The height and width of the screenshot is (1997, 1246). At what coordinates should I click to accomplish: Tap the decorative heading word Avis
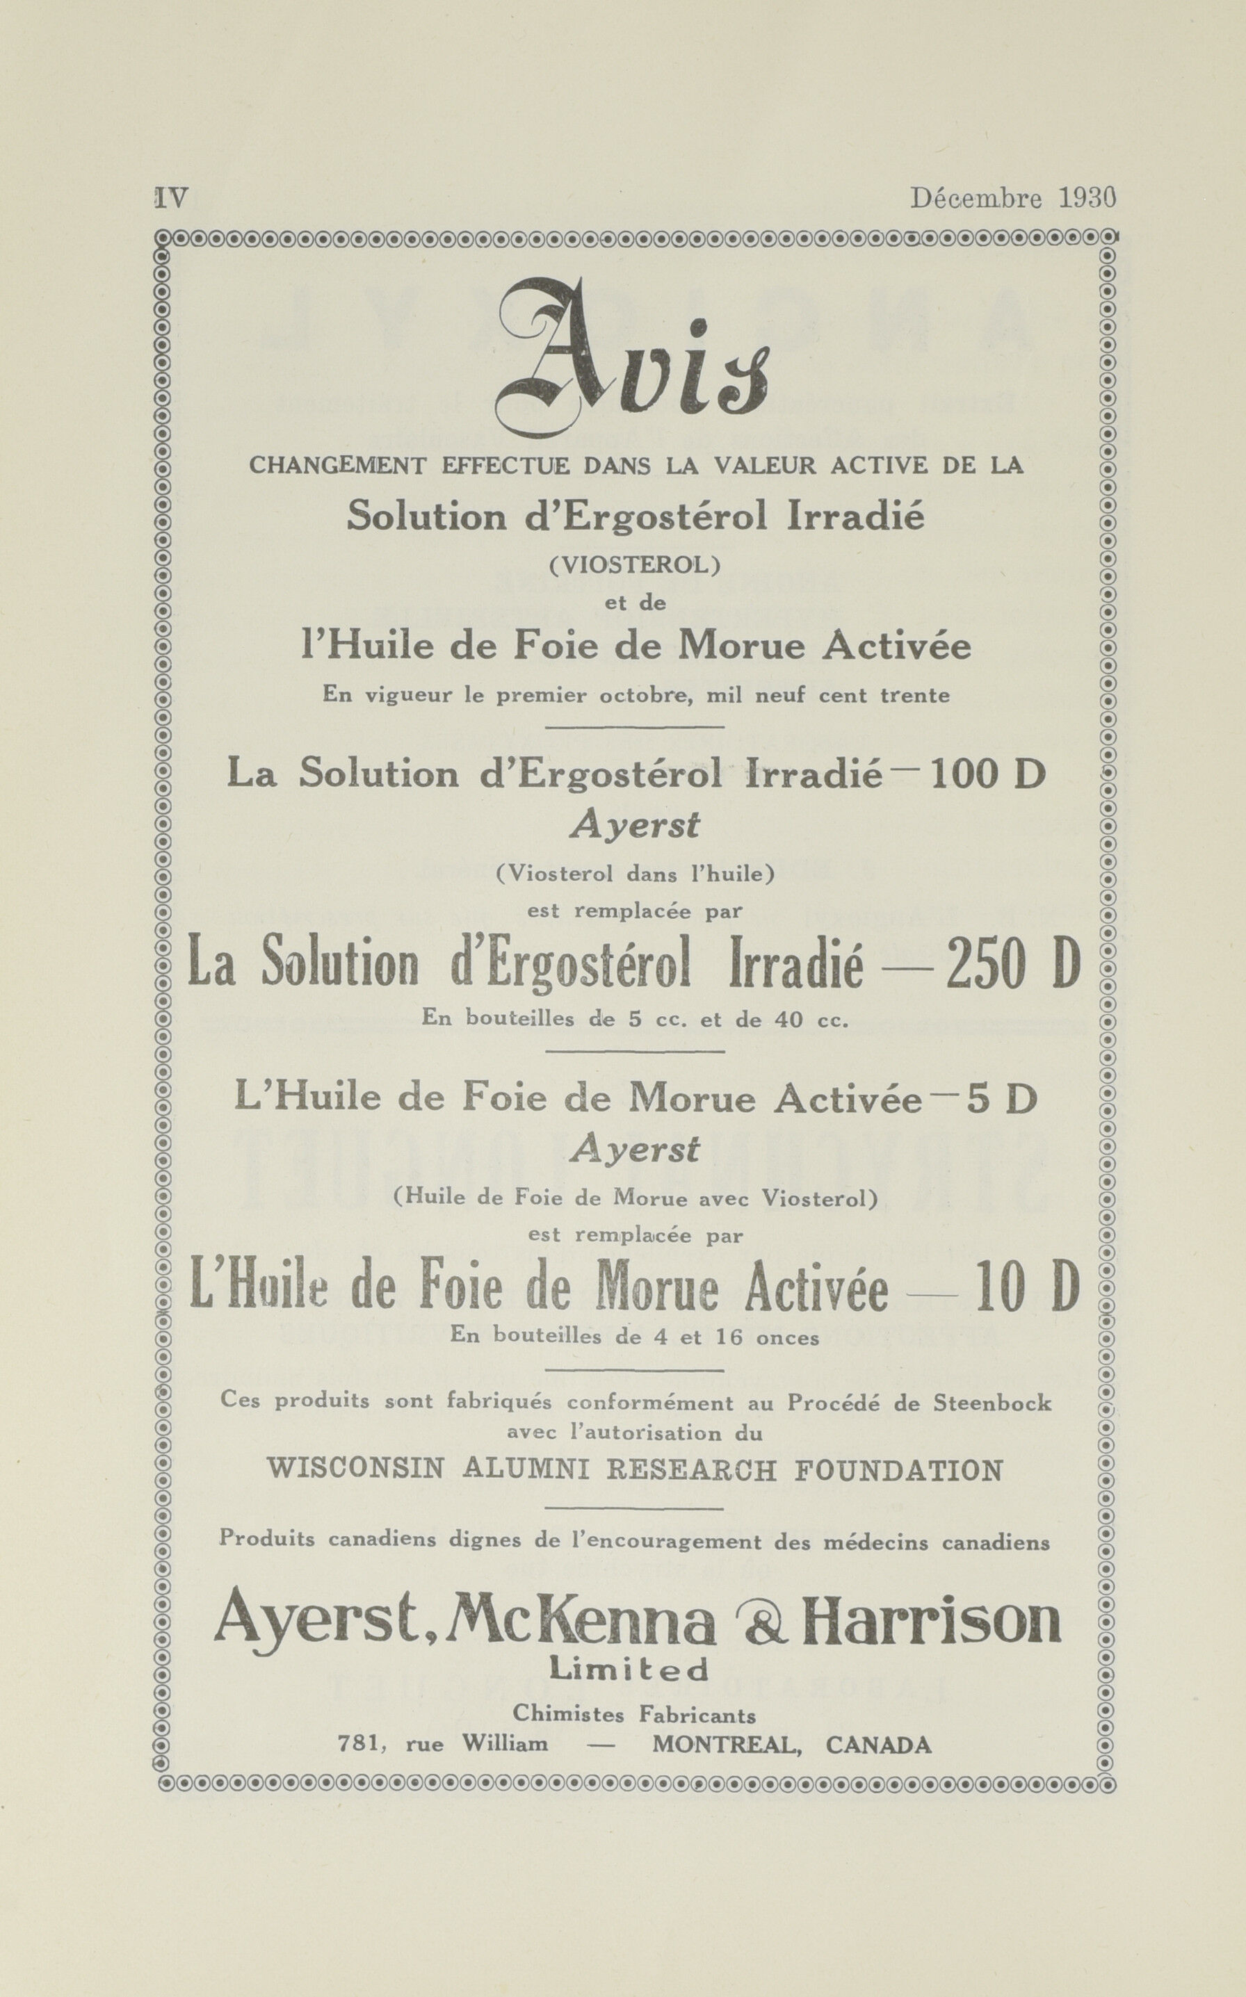point(633,360)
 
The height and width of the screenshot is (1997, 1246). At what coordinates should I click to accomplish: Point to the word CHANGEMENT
point(337,466)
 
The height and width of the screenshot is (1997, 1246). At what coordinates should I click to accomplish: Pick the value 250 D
point(1013,965)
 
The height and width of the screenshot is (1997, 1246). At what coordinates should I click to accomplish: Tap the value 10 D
point(1026,1289)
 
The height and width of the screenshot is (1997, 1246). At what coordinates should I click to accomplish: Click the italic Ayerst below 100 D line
point(633,824)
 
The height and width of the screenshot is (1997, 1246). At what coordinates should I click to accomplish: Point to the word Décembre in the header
point(976,199)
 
